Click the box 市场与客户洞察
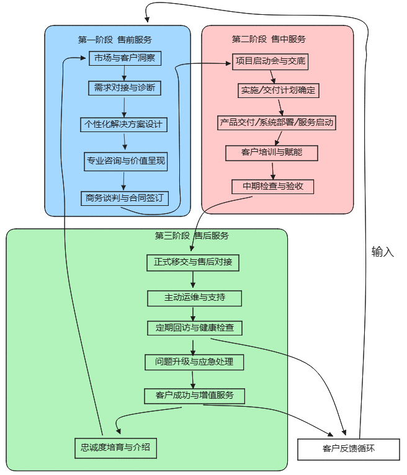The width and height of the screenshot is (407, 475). pos(125,58)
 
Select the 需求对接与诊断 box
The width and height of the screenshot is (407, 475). pos(125,88)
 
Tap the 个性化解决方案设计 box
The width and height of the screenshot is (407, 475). pos(123,125)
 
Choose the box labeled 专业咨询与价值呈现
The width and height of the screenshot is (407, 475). pos(126,161)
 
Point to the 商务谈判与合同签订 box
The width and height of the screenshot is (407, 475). pos(125,198)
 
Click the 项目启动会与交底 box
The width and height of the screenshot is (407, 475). pos(271,62)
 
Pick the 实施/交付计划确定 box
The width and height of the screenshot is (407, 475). pos(279,91)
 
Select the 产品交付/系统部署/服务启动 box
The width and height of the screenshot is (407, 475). pos(277,123)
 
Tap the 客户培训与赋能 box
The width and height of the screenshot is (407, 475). pos(272,153)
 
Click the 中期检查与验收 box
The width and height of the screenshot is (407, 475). pos(273,187)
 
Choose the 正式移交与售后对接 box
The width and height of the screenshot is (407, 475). pos(193,263)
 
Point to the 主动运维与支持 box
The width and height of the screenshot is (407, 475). pos(195,298)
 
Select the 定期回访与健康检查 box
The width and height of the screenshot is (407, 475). pos(195,328)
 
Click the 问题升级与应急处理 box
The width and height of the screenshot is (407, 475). pos(194,362)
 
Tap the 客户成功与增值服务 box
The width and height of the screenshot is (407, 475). pos(195,396)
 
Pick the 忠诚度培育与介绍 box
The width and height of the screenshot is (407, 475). pos(116,448)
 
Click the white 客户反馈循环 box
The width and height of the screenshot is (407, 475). pos(349,449)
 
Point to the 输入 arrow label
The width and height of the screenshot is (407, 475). pos(383,252)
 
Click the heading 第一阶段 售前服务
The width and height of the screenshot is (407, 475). pos(115,40)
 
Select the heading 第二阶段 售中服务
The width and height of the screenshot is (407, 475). pos(269,39)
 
